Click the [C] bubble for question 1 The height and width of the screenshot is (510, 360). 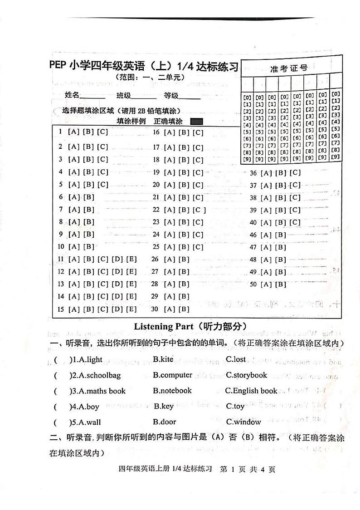(102, 132)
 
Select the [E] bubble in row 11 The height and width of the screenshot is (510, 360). (131, 260)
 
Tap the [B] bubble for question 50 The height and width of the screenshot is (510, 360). (281, 284)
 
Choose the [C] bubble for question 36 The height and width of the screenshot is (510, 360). (295, 173)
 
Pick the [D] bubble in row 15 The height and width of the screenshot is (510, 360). (117, 309)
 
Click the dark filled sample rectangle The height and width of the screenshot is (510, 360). (197, 122)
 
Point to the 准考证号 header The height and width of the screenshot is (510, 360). (289, 69)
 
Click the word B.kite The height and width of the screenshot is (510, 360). (163, 359)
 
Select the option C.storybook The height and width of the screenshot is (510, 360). (247, 375)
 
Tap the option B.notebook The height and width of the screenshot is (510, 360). (172, 391)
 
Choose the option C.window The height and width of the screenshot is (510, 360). (243, 422)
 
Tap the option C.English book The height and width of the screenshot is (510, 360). (251, 391)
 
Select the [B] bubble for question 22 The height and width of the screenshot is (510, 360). (184, 210)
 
